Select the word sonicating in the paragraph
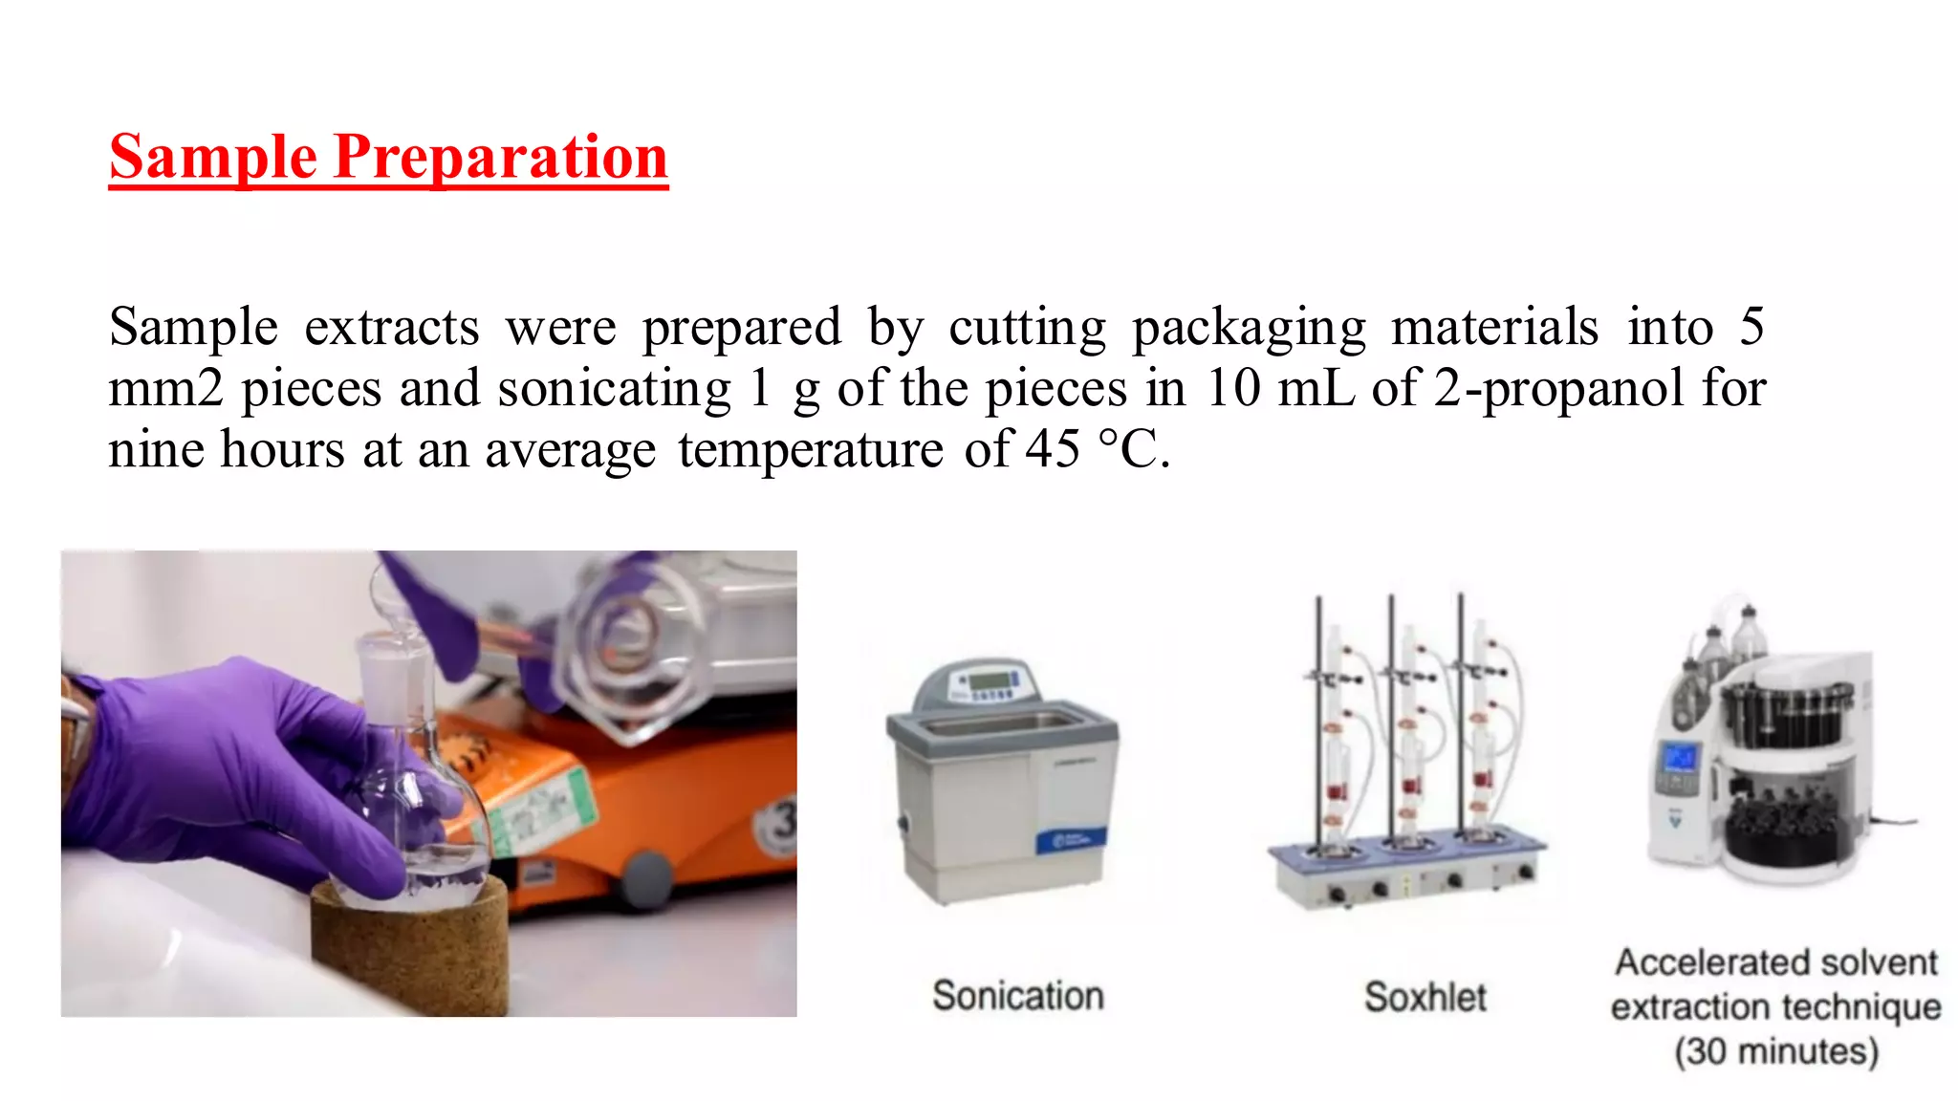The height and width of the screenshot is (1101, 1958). [x=614, y=389]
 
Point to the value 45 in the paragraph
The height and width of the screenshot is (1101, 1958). [x=1053, y=449]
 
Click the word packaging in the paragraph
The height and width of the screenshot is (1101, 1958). [x=1249, y=328]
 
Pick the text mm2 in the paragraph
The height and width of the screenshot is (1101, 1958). [x=165, y=389]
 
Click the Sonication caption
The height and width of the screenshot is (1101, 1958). [x=1018, y=996]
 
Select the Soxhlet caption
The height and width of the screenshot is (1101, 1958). [x=1425, y=998]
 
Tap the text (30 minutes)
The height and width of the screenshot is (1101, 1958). [x=1776, y=1051]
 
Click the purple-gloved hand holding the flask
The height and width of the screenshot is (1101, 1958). [x=229, y=765]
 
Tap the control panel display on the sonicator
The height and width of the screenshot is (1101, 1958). [x=989, y=680]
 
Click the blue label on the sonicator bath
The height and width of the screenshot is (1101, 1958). [x=1071, y=841]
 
